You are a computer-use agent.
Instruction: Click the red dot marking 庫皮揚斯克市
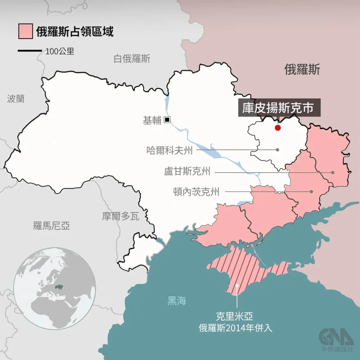tap(278, 128)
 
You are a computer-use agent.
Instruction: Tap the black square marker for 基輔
tap(167, 120)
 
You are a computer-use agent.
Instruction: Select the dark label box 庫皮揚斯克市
tap(279, 108)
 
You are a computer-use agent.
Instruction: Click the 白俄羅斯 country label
tap(132, 59)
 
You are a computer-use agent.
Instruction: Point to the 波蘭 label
tap(16, 99)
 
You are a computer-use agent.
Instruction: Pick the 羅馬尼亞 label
tap(52, 225)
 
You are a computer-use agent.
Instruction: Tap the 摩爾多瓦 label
tap(121, 216)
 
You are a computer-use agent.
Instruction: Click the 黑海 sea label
tap(177, 301)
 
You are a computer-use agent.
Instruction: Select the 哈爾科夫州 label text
tap(169, 150)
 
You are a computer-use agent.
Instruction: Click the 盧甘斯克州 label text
tap(187, 172)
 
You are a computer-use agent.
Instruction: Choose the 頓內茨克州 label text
tap(196, 191)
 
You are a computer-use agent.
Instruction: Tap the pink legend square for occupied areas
tap(25, 32)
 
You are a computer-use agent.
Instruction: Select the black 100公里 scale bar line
tap(30, 51)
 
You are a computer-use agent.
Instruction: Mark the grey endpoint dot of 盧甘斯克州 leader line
tap(333, 172)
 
